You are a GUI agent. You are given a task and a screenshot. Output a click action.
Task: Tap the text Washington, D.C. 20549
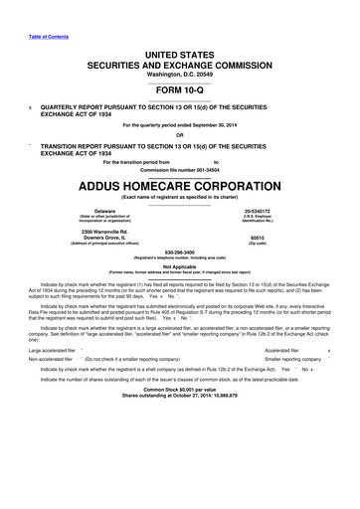click(x=180, y=77)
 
